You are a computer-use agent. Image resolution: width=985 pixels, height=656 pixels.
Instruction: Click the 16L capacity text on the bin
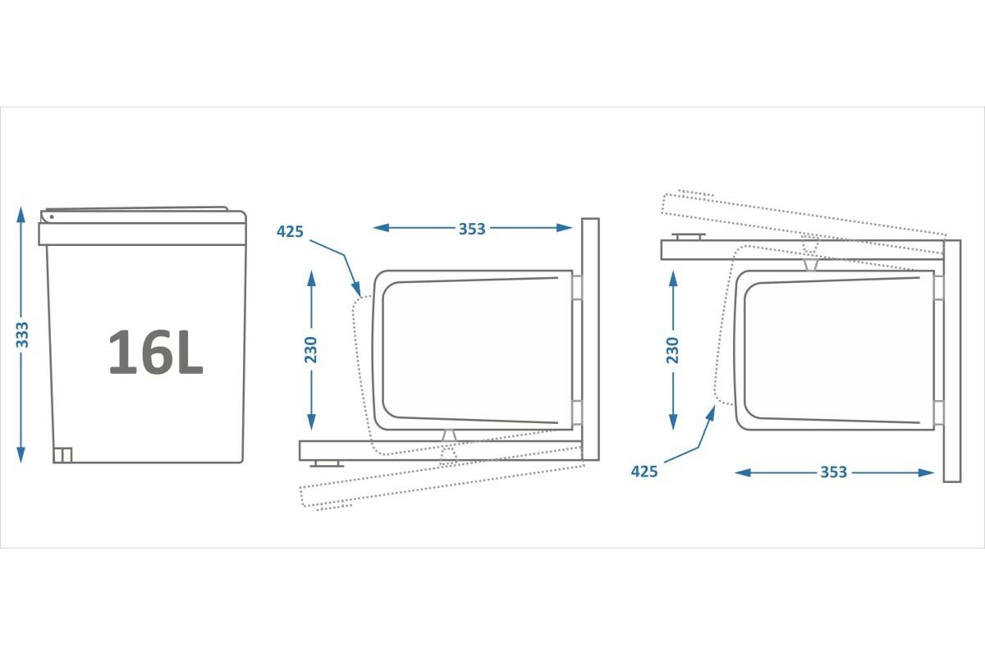155,353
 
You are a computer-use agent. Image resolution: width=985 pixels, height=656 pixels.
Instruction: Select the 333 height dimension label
23,335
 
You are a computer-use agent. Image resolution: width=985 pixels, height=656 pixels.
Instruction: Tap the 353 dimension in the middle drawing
472,229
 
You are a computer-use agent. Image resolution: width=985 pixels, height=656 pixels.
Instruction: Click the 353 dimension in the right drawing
833,472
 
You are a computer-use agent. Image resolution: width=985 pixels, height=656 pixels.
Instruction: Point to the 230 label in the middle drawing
310,350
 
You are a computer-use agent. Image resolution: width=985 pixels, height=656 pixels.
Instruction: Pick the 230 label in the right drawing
673,350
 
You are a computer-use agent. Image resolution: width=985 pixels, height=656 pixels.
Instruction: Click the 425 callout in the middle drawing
290,231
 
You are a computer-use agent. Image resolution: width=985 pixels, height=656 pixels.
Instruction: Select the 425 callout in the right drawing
644,471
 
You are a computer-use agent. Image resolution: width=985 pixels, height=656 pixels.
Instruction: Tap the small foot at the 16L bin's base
63,454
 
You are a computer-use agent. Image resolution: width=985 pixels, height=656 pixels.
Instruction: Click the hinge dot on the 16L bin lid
51,217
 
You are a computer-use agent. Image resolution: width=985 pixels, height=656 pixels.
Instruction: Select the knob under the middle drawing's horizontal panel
327,463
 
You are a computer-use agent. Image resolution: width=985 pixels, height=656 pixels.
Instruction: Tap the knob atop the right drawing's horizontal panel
688,237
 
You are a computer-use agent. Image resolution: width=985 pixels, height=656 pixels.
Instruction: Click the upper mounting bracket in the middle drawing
577,287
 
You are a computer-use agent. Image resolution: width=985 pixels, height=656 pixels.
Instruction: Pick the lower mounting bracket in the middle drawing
577,413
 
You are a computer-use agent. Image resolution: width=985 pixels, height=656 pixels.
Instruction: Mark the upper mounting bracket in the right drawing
939,287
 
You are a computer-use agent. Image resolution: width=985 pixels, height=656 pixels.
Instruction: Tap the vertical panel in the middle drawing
590,340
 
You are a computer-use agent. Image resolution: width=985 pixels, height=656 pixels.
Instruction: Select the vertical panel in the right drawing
951,361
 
